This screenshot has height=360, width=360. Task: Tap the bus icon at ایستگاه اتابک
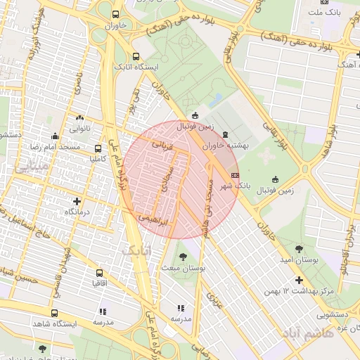click(136, 57)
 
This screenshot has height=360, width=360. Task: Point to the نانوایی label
click(79, 129)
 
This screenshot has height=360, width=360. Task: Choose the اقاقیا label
click(99, 283)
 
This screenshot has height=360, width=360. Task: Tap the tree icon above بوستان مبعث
click(184, 256)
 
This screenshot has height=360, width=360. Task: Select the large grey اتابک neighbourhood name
click(135, 250)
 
